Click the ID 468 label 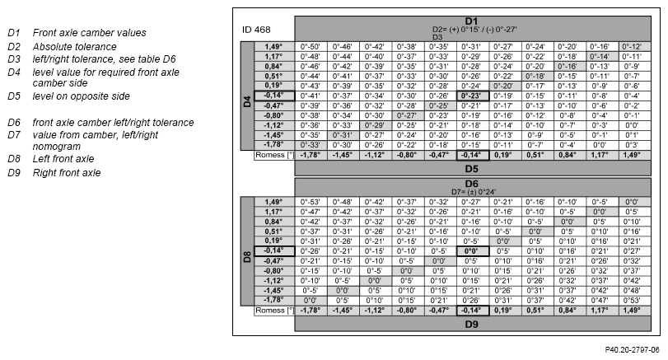coord(256,30)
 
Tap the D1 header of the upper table coord(471,21)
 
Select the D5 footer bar coord(473,169)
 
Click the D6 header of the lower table coord(472,184)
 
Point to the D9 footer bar coord(473,325)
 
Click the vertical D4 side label coord(247,101)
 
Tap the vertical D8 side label coord(247,257)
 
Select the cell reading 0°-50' coord(311,46)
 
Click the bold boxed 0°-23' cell coord(472,96)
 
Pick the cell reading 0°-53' coord(311,202)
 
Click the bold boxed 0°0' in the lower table coord(472,251)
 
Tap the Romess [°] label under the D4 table coord(275,155)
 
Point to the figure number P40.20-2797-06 coord(633,350)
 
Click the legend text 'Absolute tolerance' coord(75,47)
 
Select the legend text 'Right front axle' coord(67,173)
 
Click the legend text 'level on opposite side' coord(82,96)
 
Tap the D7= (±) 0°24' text coord(474,192)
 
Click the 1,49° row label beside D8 coord(273,202)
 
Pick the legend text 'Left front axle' coord(63,159)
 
